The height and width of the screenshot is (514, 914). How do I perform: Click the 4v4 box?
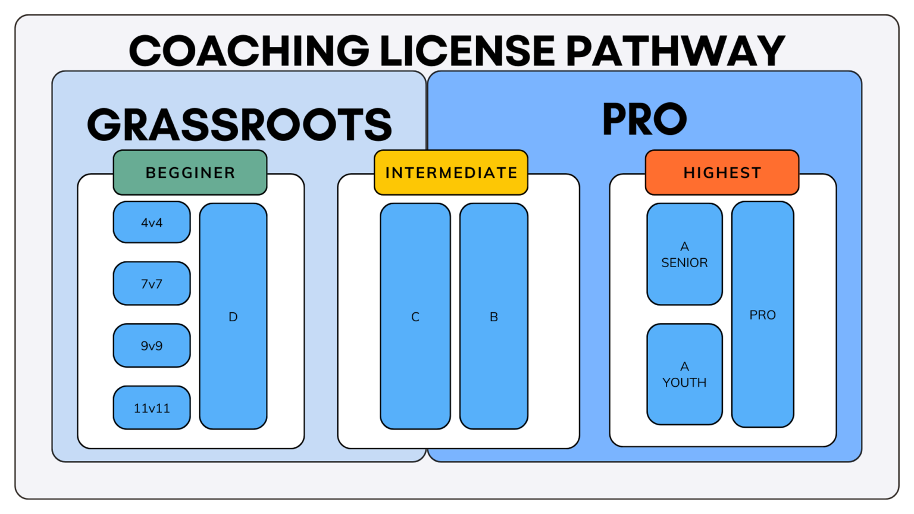152,222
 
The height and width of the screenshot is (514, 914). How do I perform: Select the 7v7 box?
152,284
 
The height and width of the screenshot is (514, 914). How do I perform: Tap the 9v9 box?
152,346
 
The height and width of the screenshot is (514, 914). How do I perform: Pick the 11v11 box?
152,408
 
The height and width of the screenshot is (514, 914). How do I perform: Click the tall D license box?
233,316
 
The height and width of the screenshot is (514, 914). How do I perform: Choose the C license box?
415,316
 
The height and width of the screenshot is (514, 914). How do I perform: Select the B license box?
494,316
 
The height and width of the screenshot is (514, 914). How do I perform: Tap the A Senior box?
684,254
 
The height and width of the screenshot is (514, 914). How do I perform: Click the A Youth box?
684,374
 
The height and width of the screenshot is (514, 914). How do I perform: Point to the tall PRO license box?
762,315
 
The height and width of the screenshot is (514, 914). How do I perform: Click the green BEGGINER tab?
190,173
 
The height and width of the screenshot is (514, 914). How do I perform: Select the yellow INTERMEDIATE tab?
451,173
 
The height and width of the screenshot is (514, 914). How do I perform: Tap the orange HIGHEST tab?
722,173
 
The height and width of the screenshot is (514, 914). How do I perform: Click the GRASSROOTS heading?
239,125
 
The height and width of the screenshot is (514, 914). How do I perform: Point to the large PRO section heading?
644,119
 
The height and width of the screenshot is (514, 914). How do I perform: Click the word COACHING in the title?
249,51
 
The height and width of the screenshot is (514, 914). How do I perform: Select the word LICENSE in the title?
467,51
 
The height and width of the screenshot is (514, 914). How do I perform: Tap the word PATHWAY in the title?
675,51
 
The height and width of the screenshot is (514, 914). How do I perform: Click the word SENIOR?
684,262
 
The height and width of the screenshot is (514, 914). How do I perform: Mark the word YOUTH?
684,383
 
